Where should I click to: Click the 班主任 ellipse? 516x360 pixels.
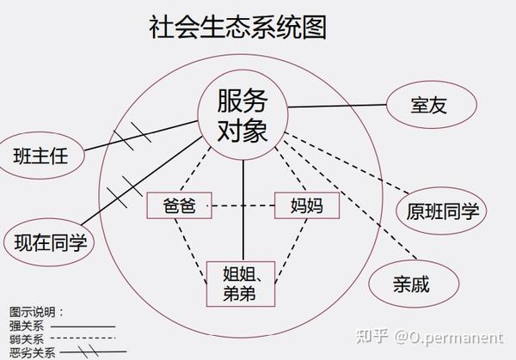click(40, 156)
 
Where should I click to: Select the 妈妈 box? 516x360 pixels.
click(305, 204)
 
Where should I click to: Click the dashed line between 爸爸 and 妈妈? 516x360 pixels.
click(243, 205)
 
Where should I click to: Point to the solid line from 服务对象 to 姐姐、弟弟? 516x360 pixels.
click(243, 215)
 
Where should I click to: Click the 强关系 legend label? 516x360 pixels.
click(26, 326)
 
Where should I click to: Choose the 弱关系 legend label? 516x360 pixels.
click(26, 339)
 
